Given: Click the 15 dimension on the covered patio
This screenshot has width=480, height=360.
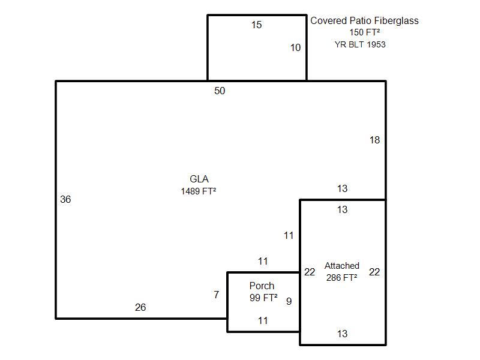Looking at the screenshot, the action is [257, 25].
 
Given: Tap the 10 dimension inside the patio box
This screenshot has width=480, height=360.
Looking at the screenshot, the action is [295, 47].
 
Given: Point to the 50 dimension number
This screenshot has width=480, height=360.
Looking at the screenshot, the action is [220, 91].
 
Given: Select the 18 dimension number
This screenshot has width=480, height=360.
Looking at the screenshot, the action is [374, 140].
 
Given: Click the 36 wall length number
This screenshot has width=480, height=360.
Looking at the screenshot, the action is [65, 199].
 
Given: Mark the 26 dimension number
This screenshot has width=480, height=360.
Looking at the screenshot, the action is [140, 307].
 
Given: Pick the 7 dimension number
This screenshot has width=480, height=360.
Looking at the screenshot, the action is [217, 295].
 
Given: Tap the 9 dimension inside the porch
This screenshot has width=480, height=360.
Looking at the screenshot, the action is [289, 301].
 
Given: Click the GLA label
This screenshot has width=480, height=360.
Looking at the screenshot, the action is [199, 179].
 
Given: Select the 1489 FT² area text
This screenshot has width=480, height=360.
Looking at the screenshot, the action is [199, 191].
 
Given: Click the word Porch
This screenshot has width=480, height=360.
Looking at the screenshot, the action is [262, 286].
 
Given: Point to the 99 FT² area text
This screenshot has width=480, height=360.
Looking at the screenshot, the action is [263, 298].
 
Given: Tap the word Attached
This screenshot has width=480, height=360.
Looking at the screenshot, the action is [342, 265].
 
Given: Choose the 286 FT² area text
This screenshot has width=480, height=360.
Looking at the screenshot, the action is [341, 278].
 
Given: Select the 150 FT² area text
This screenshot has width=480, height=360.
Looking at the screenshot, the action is [365, 32].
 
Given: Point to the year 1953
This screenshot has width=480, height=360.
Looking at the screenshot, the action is [376, 44].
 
